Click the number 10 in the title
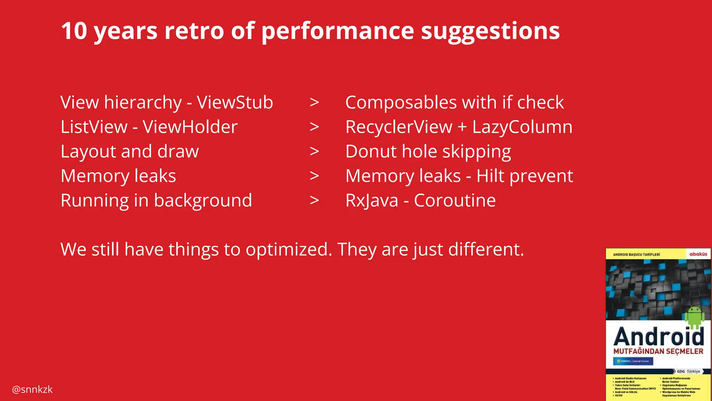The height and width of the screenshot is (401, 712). click(74, 31)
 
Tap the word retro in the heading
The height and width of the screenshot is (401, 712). click(194, 31)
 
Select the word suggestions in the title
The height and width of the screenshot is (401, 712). click(490, 31)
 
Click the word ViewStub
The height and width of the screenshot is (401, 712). click(235, 102)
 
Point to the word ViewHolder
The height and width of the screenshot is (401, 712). click(190, 127)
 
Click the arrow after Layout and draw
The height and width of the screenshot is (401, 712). click(314, 151)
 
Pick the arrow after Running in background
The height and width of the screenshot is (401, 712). click(314, 200)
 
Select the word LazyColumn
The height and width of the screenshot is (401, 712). click(522, 127)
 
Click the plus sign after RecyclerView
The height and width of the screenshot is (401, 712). click(462, 127)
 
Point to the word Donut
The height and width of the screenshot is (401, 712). click(371, 151)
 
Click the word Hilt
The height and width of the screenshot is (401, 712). click(490, 176)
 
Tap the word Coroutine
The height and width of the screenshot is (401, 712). click(455, 200)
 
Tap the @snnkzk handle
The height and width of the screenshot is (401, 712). click(32, 390)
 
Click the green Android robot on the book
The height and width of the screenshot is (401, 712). click(694, 317)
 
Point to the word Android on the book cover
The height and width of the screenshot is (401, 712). click(658, 337)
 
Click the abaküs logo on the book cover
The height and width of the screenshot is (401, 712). click(698, 254)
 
